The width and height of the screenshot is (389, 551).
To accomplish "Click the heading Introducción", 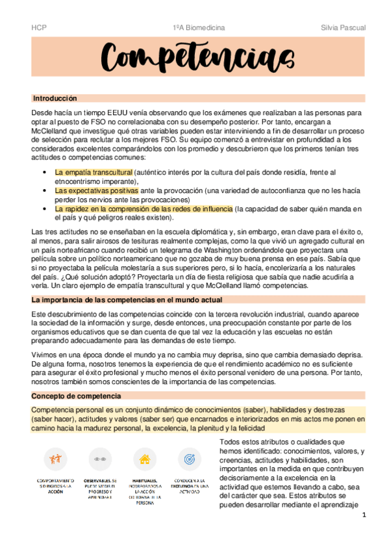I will (x=55, y=98).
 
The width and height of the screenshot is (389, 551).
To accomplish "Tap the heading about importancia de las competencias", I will (x=127, y=300).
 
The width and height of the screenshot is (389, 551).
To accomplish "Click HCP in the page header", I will (x=38, y=28).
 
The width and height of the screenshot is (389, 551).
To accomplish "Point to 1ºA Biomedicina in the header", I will (x=198, y=28).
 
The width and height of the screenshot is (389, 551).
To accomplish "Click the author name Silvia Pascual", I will (x=343, y=28).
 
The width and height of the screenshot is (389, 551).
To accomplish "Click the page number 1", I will (x=364, y=515).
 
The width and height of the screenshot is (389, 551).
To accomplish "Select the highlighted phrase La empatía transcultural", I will (x=94, y=172).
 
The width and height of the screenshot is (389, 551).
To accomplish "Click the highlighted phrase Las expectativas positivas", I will (x=96, y=191).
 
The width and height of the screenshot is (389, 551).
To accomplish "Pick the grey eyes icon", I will (x=99, y=458).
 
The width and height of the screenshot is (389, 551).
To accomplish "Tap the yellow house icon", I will (x=144, y=459).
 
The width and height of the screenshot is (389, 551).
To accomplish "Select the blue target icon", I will (x=190, y=459).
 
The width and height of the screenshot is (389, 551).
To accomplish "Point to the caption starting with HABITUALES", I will (x=144, y=491).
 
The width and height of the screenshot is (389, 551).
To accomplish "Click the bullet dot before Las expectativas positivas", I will (x=44, y=191).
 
